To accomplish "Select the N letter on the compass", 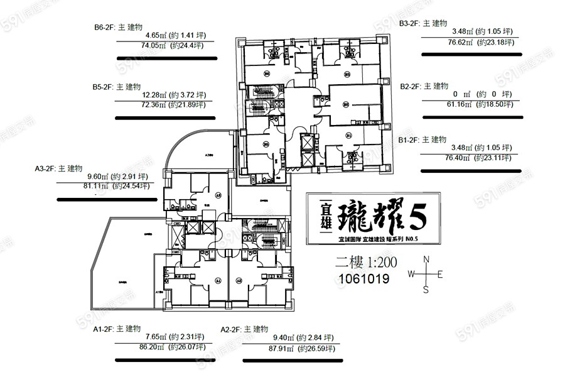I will (x=426, y=260).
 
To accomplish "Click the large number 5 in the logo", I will (x=417, y=216).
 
